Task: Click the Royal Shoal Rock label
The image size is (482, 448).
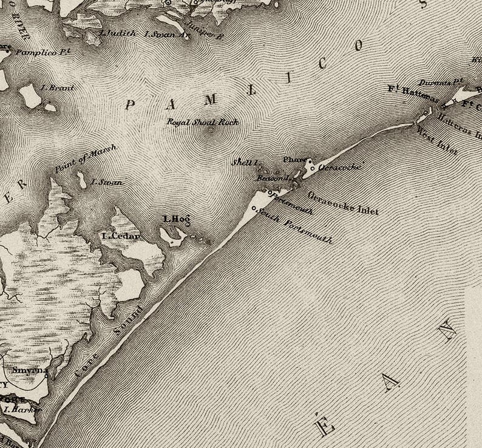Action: click(203, 122)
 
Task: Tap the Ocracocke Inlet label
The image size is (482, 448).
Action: click(343, 203)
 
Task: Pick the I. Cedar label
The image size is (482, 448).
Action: click(121, 236)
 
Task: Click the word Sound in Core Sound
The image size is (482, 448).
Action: click(128, 321)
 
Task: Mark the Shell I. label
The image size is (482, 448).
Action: click(245, 162)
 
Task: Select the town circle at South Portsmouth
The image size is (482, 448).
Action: click(254, 210)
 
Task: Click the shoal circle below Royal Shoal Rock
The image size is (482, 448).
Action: click(211, 129)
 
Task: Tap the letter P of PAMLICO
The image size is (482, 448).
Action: click(129, 105)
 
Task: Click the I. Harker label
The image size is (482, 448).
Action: click(22, 409)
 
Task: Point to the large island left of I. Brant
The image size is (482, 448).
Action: click(29, 96)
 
